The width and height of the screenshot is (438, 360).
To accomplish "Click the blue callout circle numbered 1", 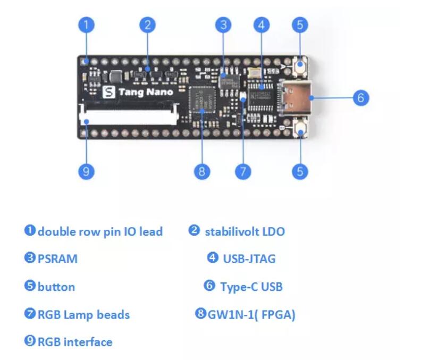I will click(87, 24).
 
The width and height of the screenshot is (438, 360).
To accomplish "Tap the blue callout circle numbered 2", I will click(147, 24).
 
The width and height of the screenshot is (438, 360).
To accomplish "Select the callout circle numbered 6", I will click(360, 98).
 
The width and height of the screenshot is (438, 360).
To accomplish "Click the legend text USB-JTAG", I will click(249, 259).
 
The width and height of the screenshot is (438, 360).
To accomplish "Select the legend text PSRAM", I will click(57, 259).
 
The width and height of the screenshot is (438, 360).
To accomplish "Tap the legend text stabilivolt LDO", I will click(245, 231).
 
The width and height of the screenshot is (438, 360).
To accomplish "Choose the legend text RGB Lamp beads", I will click(83, 314).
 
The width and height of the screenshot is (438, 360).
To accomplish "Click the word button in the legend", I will click(56, 287).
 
